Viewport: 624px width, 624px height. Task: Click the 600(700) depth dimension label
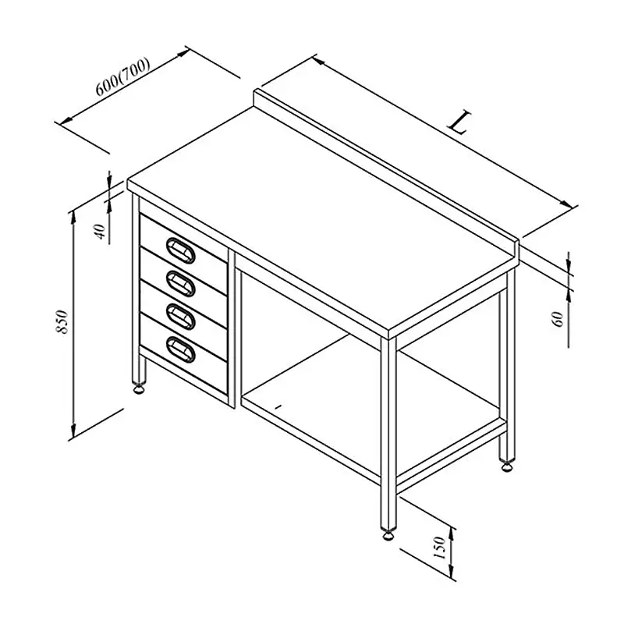pyautogui.click(x=123, y=77)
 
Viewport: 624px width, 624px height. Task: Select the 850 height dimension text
pyautogui.click(x=62, y=321)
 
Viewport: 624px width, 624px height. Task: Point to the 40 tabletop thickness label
pyautogui.click(x=101, y=232)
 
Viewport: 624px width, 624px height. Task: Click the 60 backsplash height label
pyautogui.click(x=558, y=319)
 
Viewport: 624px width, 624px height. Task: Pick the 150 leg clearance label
pyautogui.click(x=439, y=548)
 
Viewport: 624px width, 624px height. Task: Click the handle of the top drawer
pyautogui.click(x=181, y=250)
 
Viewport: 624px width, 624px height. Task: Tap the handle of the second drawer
pyautogui.click(x=181, y=283)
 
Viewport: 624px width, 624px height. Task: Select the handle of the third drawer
pyautogui.click(x=181, y=317)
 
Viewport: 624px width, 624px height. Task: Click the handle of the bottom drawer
pyautogui.click(x=181, y=349)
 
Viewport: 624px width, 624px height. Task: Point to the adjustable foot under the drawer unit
pyautogui.click(x=139, y=388)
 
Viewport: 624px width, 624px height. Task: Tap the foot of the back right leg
pyautogui.click(x=507, y=465)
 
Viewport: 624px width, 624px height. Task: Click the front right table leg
pyautogui.click(x=388, y=434)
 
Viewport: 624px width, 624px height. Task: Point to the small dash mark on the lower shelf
pyautogui.click(x=278, y=406)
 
